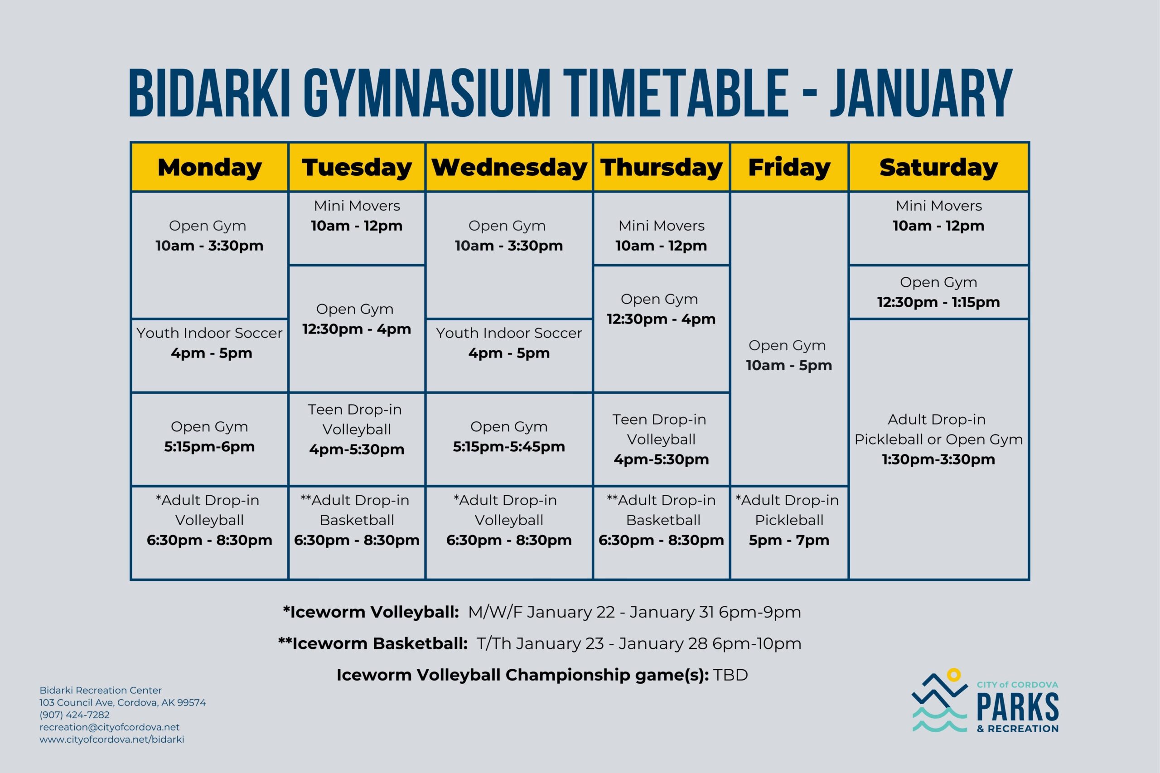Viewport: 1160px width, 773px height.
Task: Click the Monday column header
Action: pos(209,168)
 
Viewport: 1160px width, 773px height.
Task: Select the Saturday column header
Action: pos(938,168)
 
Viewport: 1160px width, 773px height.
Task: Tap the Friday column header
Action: pos(789,168)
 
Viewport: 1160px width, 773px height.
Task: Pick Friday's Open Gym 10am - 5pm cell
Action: pos(788,355)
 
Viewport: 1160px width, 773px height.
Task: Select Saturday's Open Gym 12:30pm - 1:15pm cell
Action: pos(938,292)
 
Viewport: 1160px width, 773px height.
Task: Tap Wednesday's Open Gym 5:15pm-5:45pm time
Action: pos(509,447)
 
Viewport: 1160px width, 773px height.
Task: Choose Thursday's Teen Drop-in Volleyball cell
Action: pos(661,439)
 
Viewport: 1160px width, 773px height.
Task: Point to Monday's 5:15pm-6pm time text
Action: pos(209,447)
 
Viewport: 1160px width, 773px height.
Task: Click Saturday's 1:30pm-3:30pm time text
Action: pos(938,459)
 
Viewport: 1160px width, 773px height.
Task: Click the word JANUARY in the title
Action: pos(920,94)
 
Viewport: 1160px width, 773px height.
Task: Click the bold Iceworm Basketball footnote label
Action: pos(373,644)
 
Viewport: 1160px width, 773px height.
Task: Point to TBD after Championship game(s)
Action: pos(730,675)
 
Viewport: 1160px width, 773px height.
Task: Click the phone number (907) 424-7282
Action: pos(74,715)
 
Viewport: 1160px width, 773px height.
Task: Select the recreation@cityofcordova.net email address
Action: pos(110,727)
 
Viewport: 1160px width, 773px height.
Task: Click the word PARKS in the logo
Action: pos(1018,706)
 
